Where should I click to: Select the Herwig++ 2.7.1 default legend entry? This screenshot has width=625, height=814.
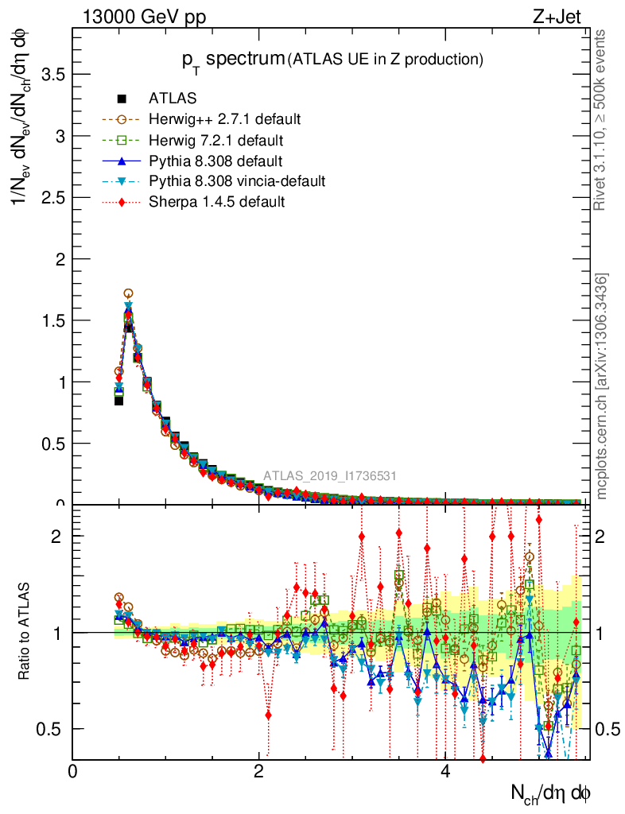point(224,119)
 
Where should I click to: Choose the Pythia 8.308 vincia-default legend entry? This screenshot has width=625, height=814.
point(236,181)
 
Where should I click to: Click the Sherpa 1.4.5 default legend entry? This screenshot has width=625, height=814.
point(216,202)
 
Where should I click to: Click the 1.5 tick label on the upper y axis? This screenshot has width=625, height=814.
point(52,320)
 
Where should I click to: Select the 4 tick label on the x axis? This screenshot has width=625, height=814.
point(445,771)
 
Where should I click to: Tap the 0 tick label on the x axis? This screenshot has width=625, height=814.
point(73,771)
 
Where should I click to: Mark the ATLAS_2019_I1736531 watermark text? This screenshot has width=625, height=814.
point(330,476)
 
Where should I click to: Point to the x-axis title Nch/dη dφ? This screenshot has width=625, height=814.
point(550,792)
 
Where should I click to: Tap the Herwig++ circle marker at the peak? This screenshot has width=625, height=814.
point(128,294)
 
